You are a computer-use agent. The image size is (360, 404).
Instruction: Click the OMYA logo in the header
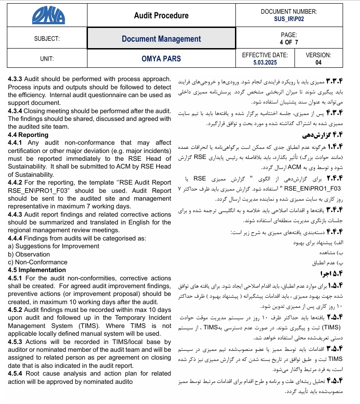48,16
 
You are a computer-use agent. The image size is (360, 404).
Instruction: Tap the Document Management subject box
161,39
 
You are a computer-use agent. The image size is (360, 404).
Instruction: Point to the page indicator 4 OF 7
289,42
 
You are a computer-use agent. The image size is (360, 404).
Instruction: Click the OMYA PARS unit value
161,59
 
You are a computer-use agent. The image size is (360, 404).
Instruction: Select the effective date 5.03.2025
265,62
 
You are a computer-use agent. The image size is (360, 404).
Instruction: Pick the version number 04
318,62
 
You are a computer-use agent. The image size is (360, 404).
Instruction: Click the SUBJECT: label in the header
47,39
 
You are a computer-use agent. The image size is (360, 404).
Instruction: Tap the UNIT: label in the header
47,59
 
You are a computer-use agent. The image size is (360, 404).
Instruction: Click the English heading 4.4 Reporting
28,135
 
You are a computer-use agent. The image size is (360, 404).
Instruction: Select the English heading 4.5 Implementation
37,270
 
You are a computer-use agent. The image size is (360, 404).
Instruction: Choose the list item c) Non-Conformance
38,262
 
